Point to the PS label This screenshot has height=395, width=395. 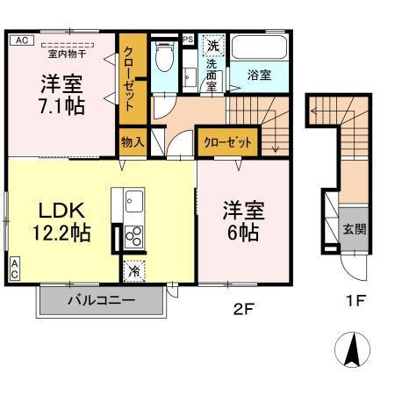click(188, 39)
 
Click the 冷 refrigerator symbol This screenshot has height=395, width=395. click(133, 271)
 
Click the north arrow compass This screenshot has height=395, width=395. click(354, 352)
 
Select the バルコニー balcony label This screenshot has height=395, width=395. click(101, 300)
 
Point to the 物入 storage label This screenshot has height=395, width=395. click(133, 141)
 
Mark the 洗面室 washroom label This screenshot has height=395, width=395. click(213, 75)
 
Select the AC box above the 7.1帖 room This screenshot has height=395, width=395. click(22, 40)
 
